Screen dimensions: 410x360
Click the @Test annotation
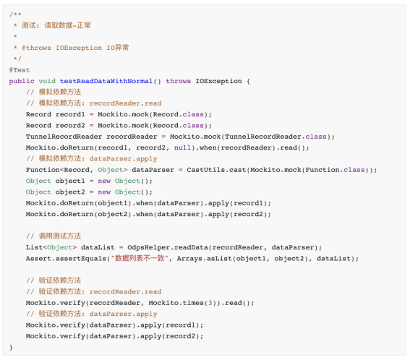pyautogui.click(x=20, y=70)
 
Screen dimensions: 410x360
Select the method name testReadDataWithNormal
pyautogui.click(x=106, y=81)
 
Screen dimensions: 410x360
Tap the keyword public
pyautogui.click(x=22, y=81)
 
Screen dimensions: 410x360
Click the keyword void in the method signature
pyautogui.click(x=47, y=81)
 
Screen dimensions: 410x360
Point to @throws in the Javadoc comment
pyautogui.click(x=36, y=48)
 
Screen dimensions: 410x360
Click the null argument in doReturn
pyautogui.click(x=182, y=147)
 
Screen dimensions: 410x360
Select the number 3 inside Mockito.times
pyautogui.click(x=210, y=303)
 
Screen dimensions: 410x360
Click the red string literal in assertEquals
pyautogui.click(x=140, y=258)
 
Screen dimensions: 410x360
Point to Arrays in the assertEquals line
pyautogui.click(x=189, y=259)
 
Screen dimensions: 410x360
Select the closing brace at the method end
pyautogui.click(x=11, y=347)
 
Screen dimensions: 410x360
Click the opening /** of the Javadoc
pyautogui.click(x=15, y=14)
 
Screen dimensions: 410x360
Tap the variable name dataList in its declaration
pyautogui.click(x=98, y=247)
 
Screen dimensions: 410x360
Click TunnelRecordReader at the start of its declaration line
pyautogui.click(x=64, y=137)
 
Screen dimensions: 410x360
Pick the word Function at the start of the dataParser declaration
pyautogui.click(x=43, y=170)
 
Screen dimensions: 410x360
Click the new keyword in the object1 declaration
pyautogui.click(x=104, y=181)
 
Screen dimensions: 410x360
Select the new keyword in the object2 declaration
pyautogui.click(x=104, y=192)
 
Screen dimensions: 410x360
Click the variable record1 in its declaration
pyautogui.click(x=70, y=114)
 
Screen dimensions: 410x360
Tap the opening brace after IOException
pyautogui.click(x=248, y=81)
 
